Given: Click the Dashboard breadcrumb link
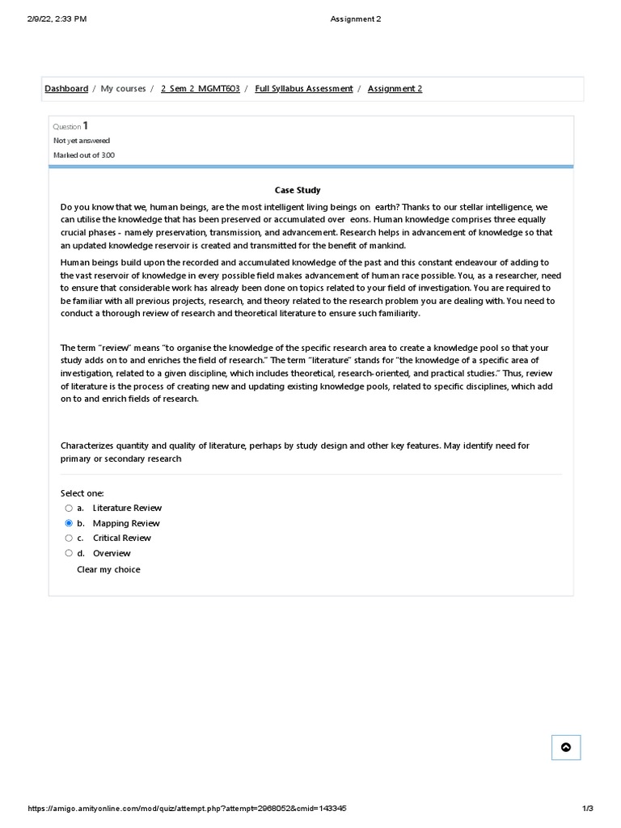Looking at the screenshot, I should (66, 89).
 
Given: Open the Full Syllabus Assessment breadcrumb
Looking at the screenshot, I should (303, 89).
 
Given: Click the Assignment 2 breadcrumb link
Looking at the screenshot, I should (395, 89).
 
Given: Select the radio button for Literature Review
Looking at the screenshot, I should (69, 508).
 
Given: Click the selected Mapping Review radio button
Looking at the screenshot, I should (69, 523).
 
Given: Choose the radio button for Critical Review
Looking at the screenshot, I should (69, 538).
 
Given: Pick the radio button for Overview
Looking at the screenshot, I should (69, 553).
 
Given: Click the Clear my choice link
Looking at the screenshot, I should (108, 569).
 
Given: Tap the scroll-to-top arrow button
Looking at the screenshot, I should (566, 747).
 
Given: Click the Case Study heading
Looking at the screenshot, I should (298, 190).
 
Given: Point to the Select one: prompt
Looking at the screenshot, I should (82, 493).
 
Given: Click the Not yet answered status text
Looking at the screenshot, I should (82, 141).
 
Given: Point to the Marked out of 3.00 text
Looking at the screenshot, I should (84, 155).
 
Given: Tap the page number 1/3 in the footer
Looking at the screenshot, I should (588, 809).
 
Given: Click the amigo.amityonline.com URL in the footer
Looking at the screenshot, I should (187, 809).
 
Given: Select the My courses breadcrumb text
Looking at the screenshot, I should (123, 89).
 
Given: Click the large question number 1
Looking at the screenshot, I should (85, 125).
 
